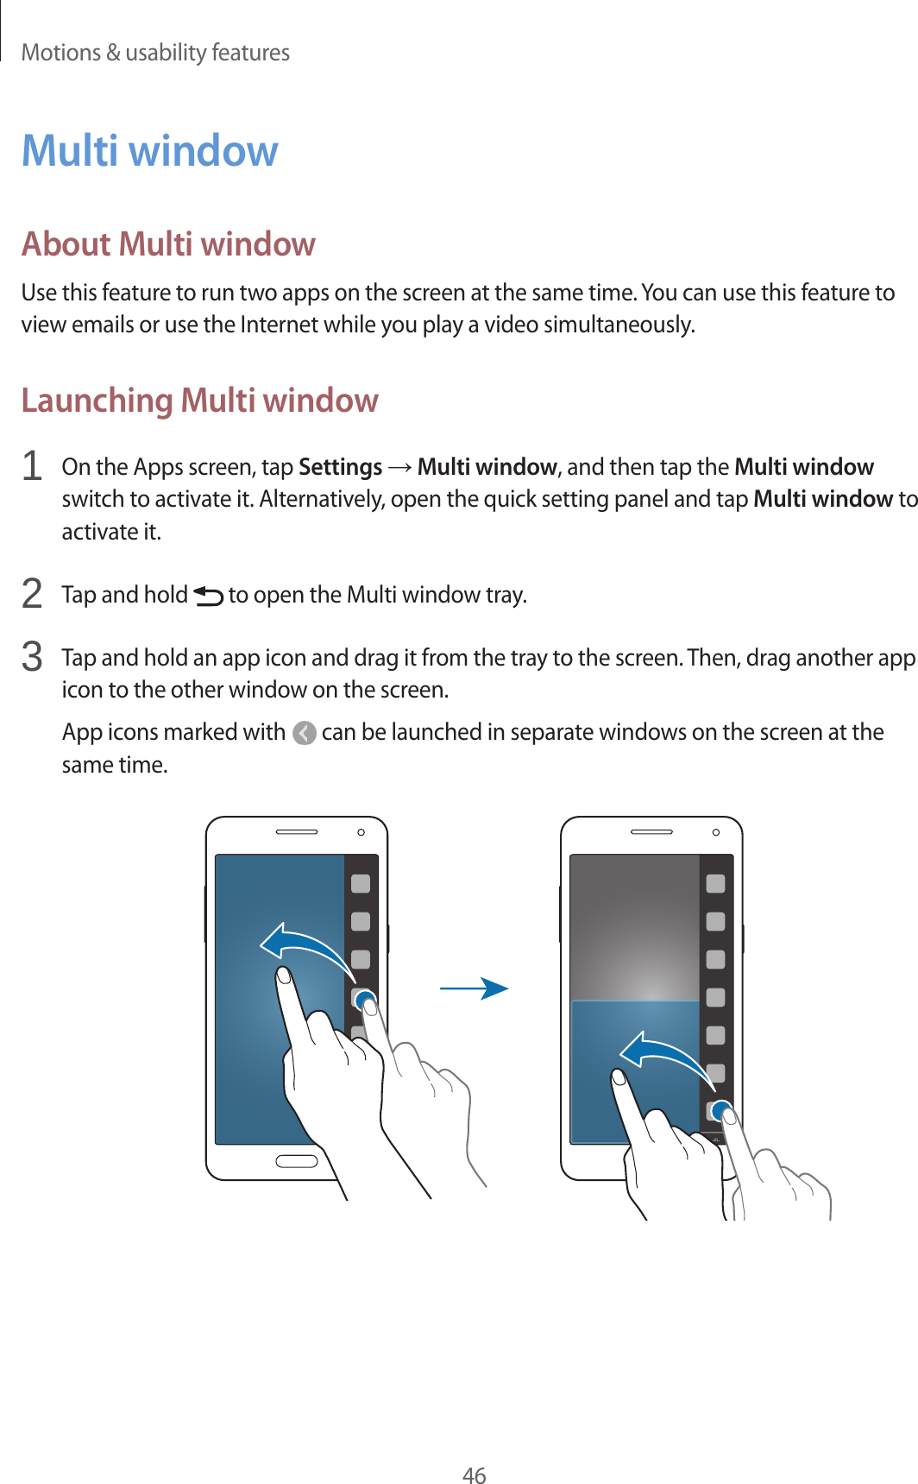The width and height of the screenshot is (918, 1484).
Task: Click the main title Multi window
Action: coord(150,151)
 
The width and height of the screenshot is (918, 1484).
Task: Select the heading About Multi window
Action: coord(168,244)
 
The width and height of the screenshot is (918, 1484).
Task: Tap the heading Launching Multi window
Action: coord(199,401)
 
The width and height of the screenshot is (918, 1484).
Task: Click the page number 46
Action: coord(474,1475)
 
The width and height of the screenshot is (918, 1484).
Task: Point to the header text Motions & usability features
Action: coord(155,53)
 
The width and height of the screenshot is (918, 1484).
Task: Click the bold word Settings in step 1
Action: coord(340,467)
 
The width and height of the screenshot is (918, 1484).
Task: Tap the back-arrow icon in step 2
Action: coord(208,596)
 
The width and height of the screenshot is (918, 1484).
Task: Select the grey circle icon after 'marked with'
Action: coord(304,733)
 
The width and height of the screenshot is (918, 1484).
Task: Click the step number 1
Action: coord(32,466)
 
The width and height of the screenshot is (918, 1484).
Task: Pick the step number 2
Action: coord(32,594)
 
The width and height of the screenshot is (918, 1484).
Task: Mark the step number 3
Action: coord(32,657)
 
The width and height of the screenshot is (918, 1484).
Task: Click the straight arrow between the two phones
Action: coord(474,988)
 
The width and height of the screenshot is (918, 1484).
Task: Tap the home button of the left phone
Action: coord(296,1161)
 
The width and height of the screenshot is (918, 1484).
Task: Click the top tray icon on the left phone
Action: coord(361,883)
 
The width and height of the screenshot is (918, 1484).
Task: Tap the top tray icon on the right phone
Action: coord(715,883)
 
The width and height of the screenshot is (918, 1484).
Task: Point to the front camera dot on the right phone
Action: coord(716,832)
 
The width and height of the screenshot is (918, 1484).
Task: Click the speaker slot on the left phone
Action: coord(296,832)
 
